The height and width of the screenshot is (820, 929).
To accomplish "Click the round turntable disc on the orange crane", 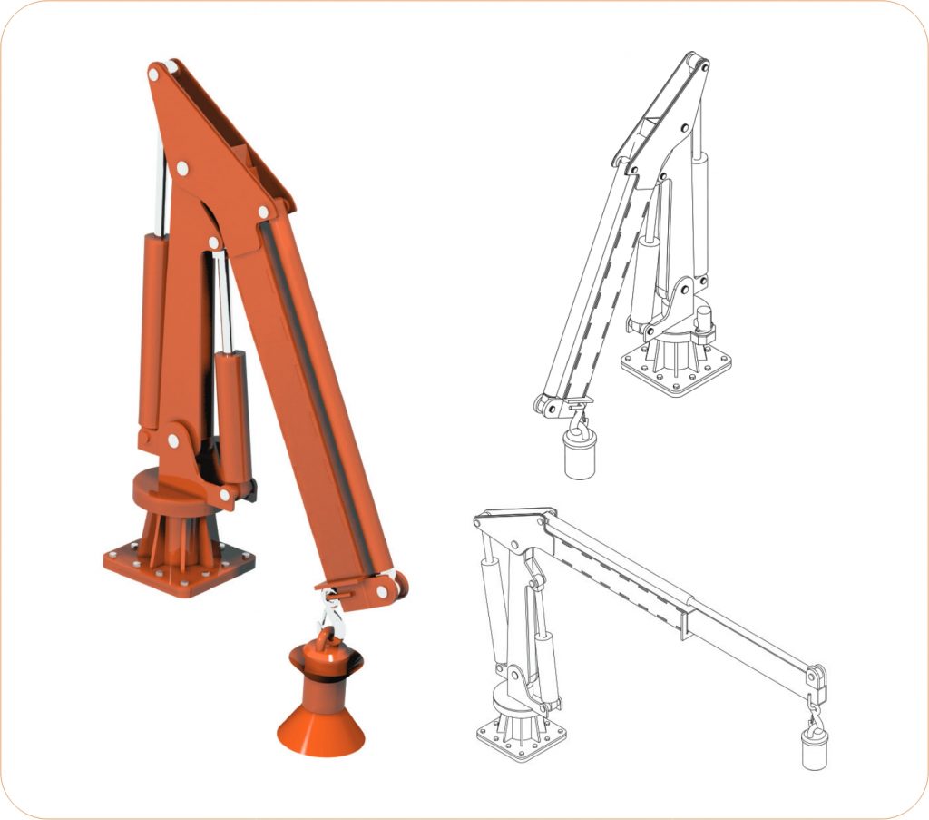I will (169, 490).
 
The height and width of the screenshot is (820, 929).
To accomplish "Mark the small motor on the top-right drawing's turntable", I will (703, 321).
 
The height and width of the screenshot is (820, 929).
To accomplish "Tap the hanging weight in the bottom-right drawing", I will (814, 747).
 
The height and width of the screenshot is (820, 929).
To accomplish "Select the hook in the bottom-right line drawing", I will (813, 709).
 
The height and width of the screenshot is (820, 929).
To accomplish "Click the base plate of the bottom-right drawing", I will (521, 739).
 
